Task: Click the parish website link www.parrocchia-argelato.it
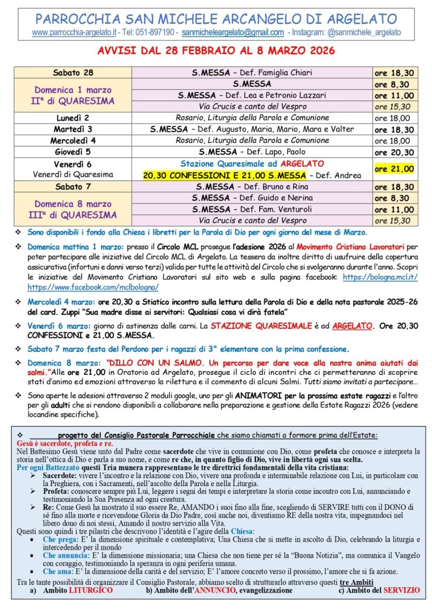(x=74, y=32)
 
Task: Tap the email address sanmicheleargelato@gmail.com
(x=233, y=32)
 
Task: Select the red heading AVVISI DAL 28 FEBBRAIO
(x=216, y=51)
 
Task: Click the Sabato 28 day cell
(x=73, y=73)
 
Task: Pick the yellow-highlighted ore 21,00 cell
(x=394, y=169)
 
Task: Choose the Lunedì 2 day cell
(x=73, y=118)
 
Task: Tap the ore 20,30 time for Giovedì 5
(x=394, y=152)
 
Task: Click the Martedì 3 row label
(x=73, y=130)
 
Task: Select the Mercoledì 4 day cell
(x=73, y=141)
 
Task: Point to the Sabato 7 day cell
(x=73, y=186)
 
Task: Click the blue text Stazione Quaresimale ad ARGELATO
(x=252, y=163)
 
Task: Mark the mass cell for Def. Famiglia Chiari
(x=252, y=73)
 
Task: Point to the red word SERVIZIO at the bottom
(x=401, y=590)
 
